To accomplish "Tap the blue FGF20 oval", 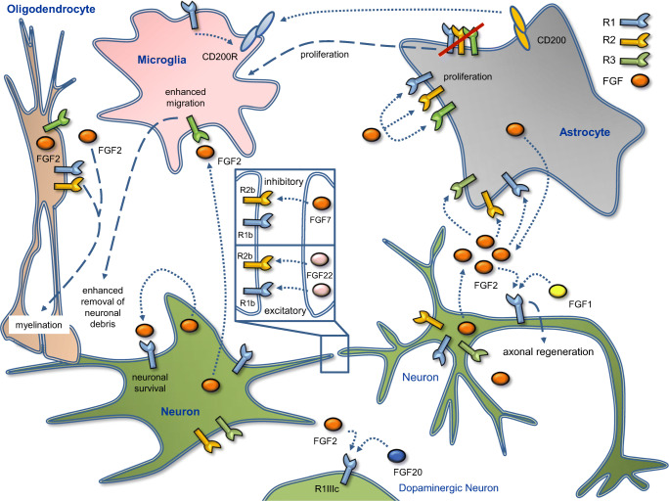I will (396, 456).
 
